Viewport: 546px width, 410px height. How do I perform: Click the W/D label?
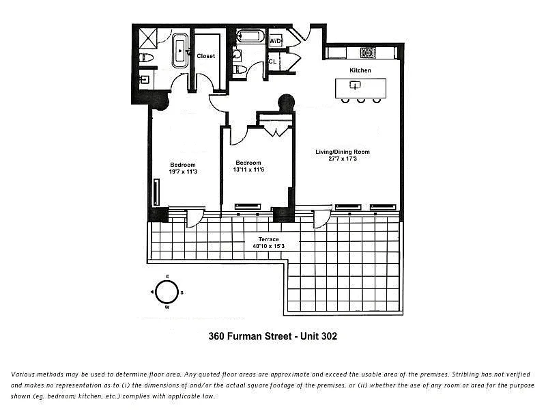[x=276, y=41]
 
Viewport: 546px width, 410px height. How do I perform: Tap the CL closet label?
[x=272, y=61]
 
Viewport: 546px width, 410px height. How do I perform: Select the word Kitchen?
[x=360, y=70]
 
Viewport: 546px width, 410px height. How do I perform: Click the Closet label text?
[x=205, y=56]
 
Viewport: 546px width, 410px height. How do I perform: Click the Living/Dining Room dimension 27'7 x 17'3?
[x=343, y=159]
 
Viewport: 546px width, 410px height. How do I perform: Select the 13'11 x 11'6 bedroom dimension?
[x=248, y=169]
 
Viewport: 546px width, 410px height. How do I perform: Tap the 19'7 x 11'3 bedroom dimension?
[x=183, y=172]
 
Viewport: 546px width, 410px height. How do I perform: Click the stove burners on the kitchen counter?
[x=368, y=53]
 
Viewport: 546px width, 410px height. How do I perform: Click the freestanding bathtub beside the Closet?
[x=181, y=50]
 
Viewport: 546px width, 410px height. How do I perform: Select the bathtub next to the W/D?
[x=248, y=36]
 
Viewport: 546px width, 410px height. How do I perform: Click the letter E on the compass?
[x=167, y=277]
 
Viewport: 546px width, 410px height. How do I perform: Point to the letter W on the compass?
[x=167, y=307]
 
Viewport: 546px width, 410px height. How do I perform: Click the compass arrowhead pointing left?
[x=152, y=292]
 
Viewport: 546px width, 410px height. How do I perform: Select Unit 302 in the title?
[x=315, y=336]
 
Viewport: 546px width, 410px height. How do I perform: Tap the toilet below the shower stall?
[x=145, y=57]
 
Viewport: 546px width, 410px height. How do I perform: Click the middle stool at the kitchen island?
[x=360, y=101]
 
